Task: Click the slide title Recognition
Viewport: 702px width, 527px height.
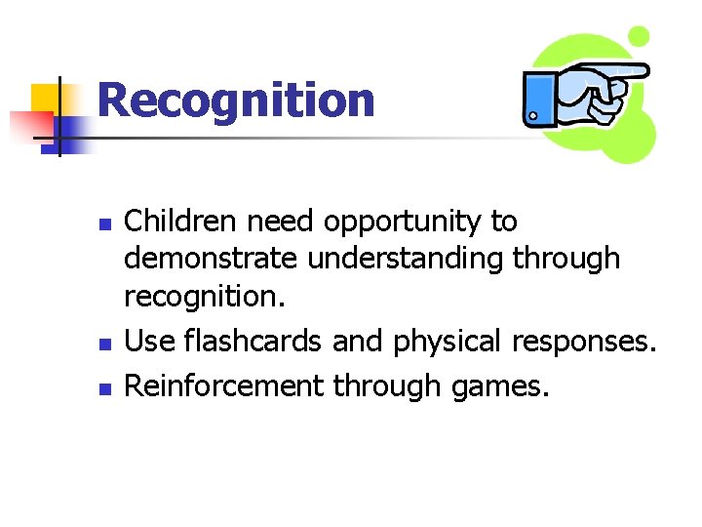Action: click(x=235, y=101)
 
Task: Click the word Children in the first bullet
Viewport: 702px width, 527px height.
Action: click(x=181, y=223)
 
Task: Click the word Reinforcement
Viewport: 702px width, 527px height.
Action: click(x=224, y=386)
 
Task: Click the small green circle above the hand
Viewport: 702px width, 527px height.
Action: click(x=639, y=37)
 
